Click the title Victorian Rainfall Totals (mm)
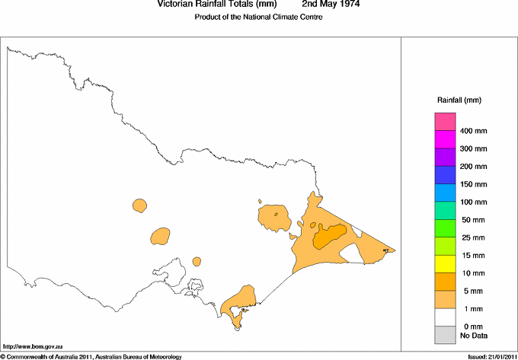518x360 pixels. click(216, 5)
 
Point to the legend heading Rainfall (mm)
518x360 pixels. click(459, 100)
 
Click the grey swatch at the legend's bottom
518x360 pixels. click(445, 335)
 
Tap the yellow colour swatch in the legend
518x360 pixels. click(445, 264)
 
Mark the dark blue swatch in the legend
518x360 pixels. click(445, 175)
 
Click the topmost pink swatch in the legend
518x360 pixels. click(445, 122)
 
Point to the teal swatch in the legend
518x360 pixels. click(445, 211)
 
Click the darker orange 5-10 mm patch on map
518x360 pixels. click(329, 237)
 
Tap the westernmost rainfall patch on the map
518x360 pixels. click(139, 205)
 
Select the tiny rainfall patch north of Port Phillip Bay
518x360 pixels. click(197, 261)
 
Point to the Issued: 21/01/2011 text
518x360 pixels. click(491, 356)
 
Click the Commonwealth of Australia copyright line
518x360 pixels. click(91, 356)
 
